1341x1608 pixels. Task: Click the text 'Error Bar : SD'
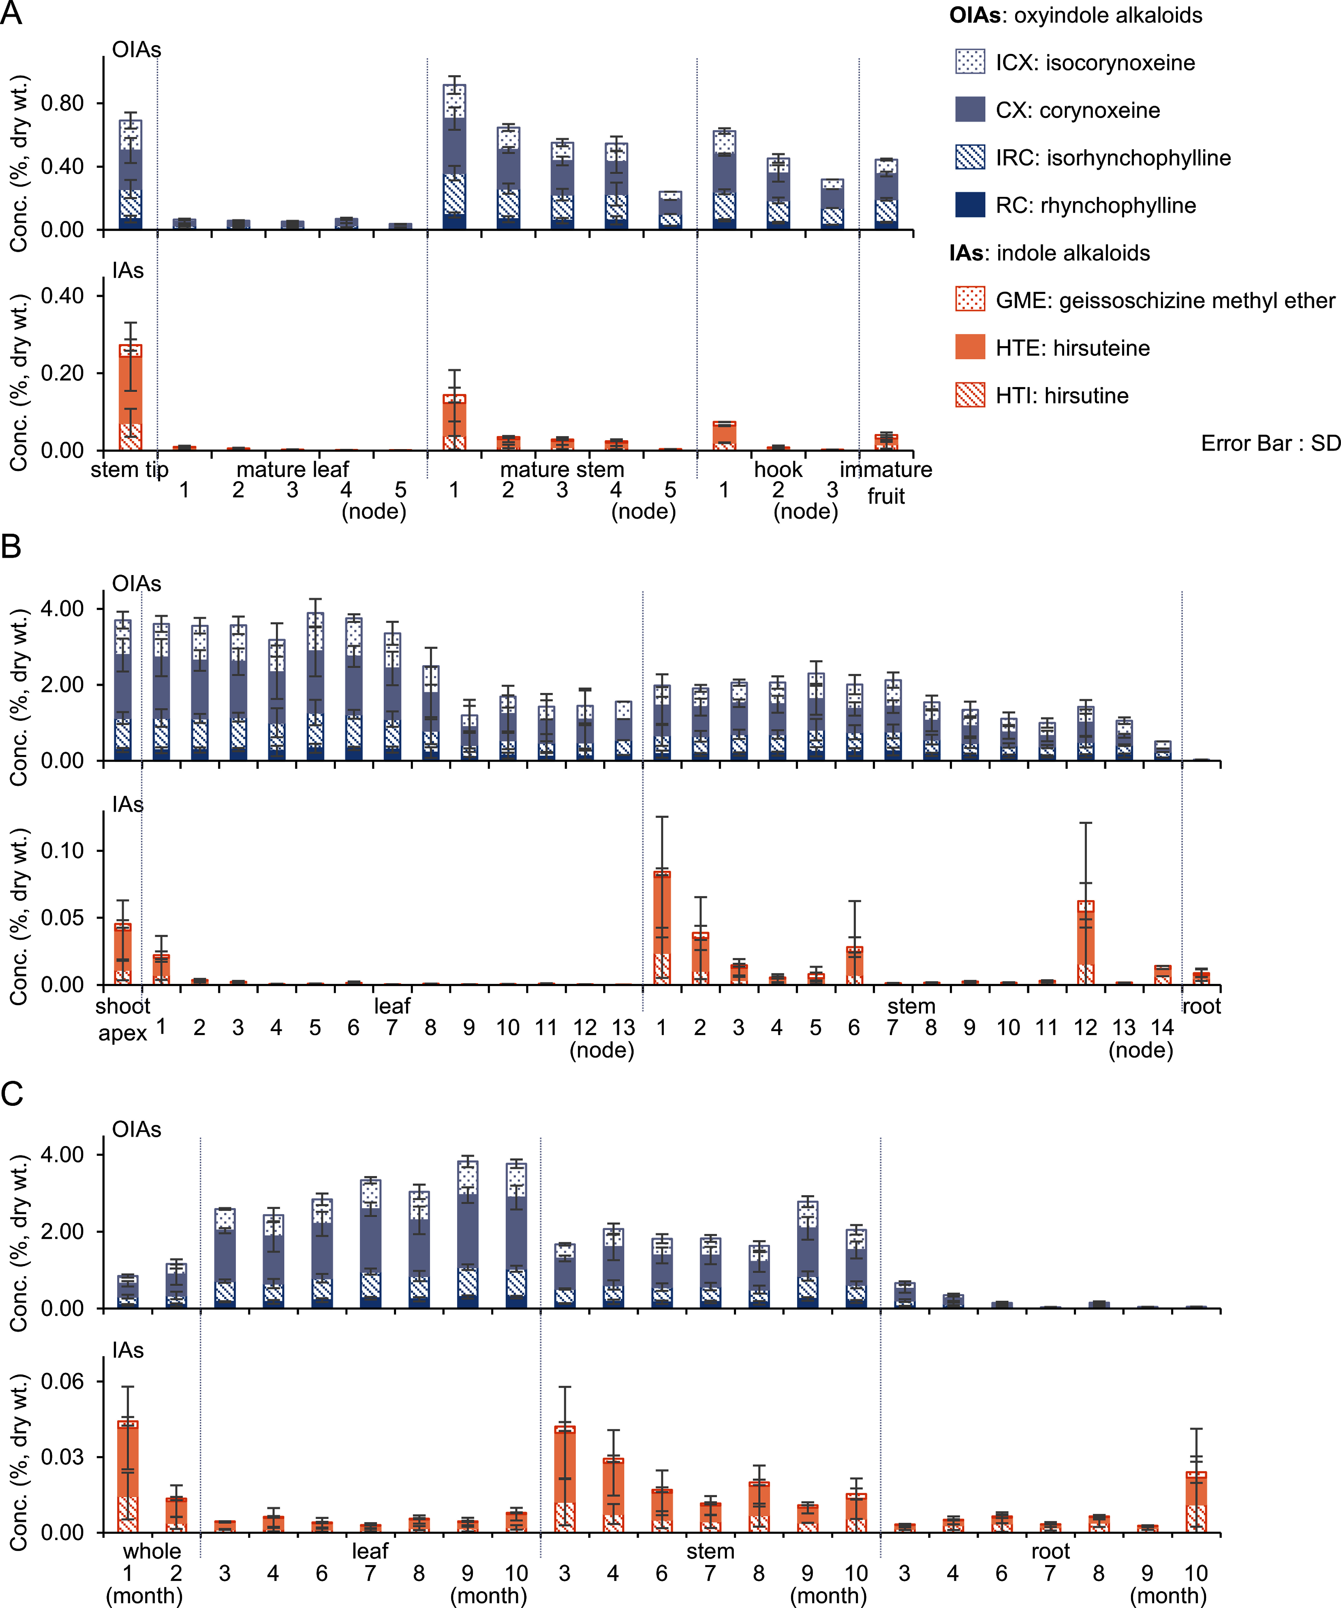tap(1271, 443)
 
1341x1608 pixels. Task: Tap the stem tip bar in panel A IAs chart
tap(130, 397)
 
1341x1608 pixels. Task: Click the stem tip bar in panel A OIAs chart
tap(130, 175)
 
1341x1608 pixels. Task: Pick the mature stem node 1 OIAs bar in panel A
tap(454, 157)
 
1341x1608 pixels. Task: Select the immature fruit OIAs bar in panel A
tap(886, 194)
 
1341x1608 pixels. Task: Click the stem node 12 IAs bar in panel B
tap(1085, 943)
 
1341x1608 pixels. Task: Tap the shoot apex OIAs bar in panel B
tap(123, 690)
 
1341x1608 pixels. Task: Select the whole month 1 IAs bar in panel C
tap(128, 1476)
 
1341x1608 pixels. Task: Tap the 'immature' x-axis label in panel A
tap(886, 469)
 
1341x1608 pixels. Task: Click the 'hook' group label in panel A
tap(778, 469)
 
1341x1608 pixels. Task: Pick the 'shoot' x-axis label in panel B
tap(123, 1005)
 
